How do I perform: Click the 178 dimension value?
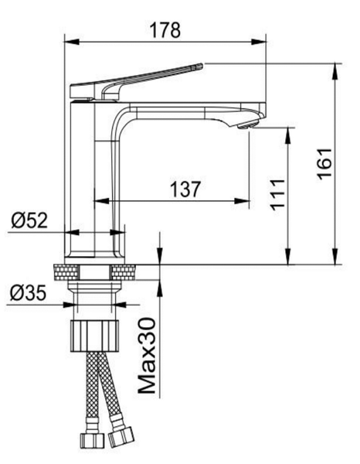165,30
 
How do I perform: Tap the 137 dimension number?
185,189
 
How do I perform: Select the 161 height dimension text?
324,164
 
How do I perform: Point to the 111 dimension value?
277,195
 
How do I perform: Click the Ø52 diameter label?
29,220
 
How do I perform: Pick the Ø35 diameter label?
28,293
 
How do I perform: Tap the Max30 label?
148,356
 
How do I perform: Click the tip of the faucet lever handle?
202,66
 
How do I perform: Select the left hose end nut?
93,440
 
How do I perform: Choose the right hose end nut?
121,437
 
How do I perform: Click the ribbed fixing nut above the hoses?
94,336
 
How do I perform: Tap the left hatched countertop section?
66,272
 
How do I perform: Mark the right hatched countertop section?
124,272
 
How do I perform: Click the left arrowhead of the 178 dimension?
72,42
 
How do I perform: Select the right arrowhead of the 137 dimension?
242,201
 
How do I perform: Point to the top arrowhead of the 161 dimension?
335,71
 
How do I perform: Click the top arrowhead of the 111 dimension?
288,135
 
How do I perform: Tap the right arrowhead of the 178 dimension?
258,42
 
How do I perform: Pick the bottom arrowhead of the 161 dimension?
335,257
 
